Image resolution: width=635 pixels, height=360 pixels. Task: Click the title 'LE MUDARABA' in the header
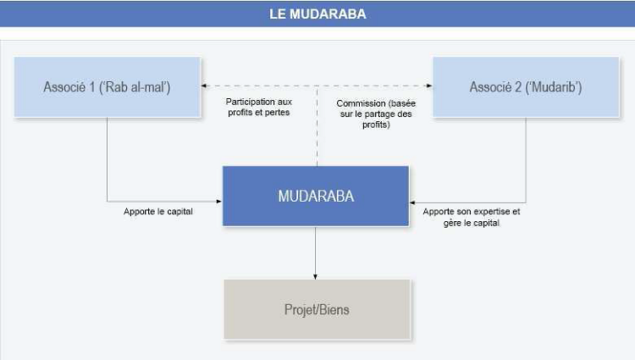pyautogui.click(x=317, y=14)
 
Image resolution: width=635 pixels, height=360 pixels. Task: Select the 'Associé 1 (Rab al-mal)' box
pyautogui.click(x=107, y=86)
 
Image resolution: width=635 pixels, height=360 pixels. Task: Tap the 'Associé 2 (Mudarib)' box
pyautogui.click(x=526, y=86)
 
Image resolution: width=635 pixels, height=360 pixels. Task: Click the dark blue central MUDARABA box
pyautogui.click(x=316, y=196)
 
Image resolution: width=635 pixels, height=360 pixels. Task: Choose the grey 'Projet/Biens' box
pyautogui.click(x=316, y=310)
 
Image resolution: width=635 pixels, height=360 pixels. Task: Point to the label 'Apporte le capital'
pyautogui.click(x=158, y=211)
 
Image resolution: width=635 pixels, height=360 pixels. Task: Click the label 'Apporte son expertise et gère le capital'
pyautogui.click(x=471, y=217)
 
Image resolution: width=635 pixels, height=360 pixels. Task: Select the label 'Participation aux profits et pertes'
pyautogui.click(x=258, y=107)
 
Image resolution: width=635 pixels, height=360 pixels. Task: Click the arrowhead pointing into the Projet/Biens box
pyautogui.click(x=316, y=275)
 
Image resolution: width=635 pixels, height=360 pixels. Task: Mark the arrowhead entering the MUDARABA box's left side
pyautogui.click(x=219, y=201)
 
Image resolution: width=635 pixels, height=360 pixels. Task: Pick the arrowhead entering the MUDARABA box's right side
pyautogui.click(x=413, y=201)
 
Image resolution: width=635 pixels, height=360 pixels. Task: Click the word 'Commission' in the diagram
pyautogui.click(x=349, y=102)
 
